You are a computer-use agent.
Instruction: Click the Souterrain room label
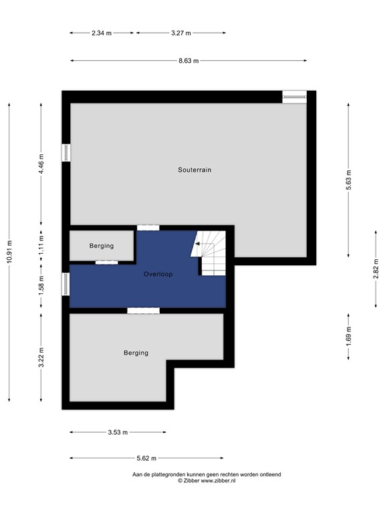click(195, 170)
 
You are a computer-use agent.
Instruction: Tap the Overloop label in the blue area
click(158, 274)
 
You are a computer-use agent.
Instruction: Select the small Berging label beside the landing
click(102, 246)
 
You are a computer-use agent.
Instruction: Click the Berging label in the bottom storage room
click(136, 353)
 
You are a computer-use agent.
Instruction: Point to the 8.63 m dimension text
click(188, 61)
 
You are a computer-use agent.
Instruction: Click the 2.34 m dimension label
click(102, 33)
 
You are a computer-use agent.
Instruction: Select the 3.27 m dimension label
click(181, 33)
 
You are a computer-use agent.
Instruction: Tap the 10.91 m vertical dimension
click(9, 252)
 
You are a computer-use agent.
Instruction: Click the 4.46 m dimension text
click(41, 164)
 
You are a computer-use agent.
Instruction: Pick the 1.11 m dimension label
click(41, 244)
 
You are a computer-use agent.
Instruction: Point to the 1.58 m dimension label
click(41, 286)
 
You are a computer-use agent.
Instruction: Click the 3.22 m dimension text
click(41, 357)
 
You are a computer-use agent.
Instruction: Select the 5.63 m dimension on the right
click(348, 180)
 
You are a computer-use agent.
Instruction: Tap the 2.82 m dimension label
click(376, 269)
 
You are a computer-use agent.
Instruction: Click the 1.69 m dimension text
click(348, 337)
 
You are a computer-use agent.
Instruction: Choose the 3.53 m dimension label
click(118, 432)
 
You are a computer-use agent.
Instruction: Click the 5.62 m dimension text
click(146, 458)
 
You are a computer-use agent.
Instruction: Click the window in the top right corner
click(294, 97)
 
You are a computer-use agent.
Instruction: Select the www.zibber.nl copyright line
click(207, 481)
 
